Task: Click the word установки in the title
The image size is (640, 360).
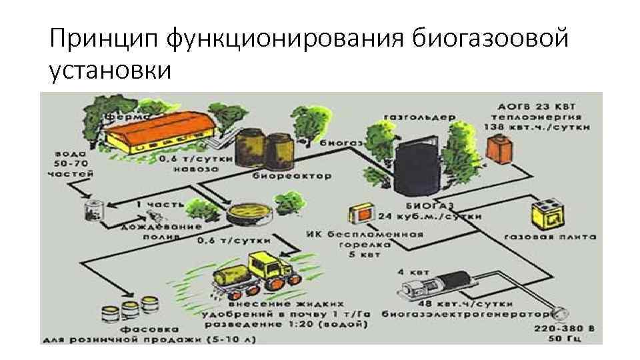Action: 110,70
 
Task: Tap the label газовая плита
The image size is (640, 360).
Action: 550,237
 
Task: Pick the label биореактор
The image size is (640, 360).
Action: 282,177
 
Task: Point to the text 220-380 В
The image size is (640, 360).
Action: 561,329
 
